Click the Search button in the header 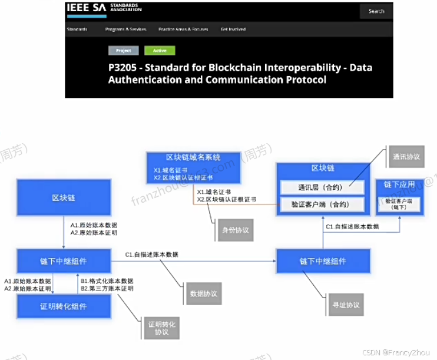pyautogui.click(x=376, y=11)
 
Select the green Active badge pyautogui.click(x=160, y=51)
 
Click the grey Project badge pyautogui.click(x=124, y=51)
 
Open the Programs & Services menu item pyautogui.click(x=125, y=29)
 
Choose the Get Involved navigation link pyautogui.click(x=233, y=29)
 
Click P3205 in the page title pyautogui.click(x=125, y=68)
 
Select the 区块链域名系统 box pyautogui.click(x=193, y=167)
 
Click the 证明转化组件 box pyautogui.click(x=63, y=307)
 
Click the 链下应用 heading pyautogui.click(x=399, y=185)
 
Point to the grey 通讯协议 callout pyautogui.click(x=406, y=157)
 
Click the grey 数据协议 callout pyautogui.click(x=200, y=293)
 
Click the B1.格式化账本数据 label pyautogui.click(x=107, y=281)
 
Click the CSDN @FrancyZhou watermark pyautogui.click(x=403, y=351)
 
